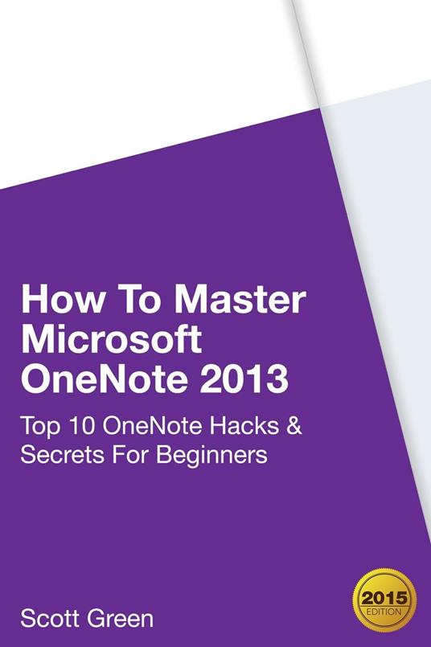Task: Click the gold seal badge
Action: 384,594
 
